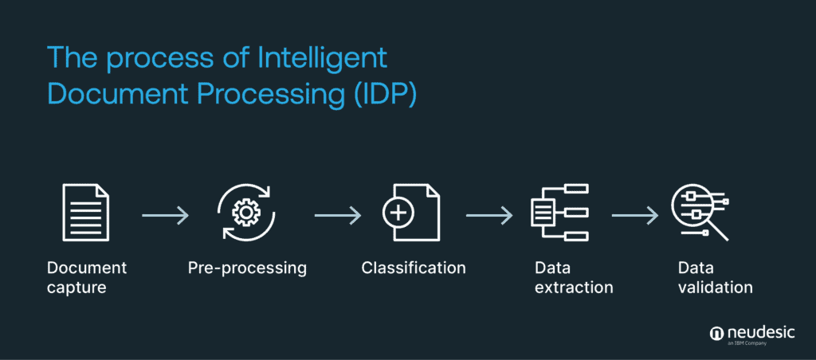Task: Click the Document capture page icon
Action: coord(85,213)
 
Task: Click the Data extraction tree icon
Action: coord(559,213)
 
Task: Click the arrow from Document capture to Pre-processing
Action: coord(165,214)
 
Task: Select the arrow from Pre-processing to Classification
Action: coord(338,214)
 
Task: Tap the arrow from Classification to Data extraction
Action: coord(488,214)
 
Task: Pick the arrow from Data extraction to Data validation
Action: coord(635,214)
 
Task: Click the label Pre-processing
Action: coord(247,268)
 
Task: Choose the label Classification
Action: coord(413,268)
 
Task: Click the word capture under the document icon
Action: coord(76,287)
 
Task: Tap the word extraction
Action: coord(574,287)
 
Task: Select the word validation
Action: coord(715,287)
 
